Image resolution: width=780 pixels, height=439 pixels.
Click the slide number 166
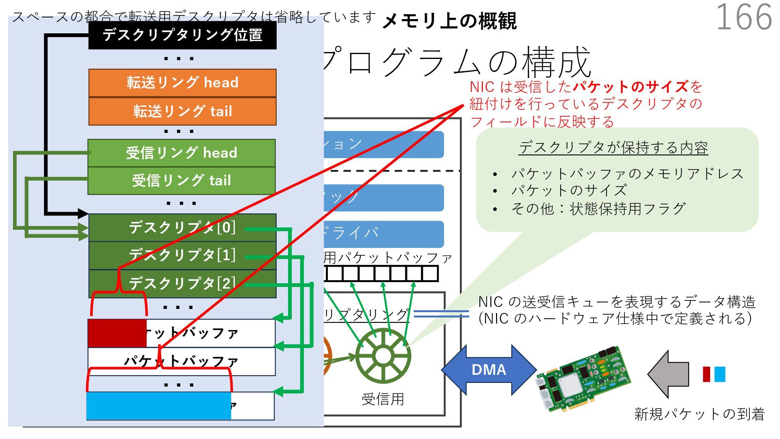[743, 17]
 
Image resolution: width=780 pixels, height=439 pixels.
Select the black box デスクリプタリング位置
[182, 35]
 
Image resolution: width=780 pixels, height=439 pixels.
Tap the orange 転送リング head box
[182, 83]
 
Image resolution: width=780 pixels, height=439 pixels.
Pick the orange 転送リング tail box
[182, 111]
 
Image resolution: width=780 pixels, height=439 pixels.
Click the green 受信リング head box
[182, 153]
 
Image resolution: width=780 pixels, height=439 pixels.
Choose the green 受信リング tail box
[182, 180]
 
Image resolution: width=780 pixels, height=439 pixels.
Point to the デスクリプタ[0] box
[182, 228]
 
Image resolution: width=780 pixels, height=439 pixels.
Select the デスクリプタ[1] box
[182, 255]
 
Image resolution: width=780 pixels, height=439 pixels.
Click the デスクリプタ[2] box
[182, 283]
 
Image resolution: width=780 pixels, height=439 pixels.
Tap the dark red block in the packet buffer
[117, 333]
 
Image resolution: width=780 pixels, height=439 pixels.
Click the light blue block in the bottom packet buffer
[158, 406]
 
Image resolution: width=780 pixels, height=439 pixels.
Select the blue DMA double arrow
[489, 370]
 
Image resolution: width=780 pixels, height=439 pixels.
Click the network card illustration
[583, 379]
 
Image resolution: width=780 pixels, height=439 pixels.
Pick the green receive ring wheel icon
[383, 356]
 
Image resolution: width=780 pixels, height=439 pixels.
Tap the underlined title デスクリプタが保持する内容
[613, 148]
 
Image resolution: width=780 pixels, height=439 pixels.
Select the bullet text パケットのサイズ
[569, 191]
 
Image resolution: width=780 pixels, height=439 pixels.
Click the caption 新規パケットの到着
[699, 414]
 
